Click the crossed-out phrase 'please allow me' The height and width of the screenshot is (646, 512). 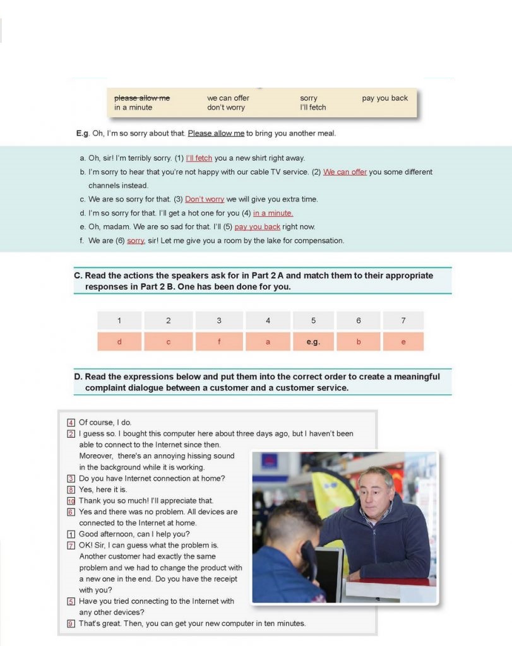pos(141,98)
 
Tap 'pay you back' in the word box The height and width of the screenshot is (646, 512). pos(384,98)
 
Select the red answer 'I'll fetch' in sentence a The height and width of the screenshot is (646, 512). pos(199,158)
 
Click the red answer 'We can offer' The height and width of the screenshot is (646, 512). pos(345,172)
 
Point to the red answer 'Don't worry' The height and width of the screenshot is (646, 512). pos(205,199)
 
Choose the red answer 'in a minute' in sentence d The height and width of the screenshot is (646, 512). pos(273,213)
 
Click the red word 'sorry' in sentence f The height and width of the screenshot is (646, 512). pos(135,240)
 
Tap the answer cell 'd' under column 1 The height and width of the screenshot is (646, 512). pos(119,341)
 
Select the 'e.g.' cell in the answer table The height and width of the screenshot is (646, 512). pos(313,341)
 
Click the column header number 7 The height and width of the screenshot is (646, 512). pos(403,320)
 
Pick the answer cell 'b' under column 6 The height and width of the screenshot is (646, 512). pos(359,341)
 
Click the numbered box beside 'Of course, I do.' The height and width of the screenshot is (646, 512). pos(71,423)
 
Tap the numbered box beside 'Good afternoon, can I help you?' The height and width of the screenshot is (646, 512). pos(71,534)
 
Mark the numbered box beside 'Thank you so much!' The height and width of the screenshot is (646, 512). pos(71,500)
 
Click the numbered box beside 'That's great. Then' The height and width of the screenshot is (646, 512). pos(71,623)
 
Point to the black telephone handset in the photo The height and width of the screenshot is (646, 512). pos(307,555)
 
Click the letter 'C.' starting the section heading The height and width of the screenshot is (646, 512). pos(78,276)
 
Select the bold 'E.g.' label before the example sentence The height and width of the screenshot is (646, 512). pos(83,133)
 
